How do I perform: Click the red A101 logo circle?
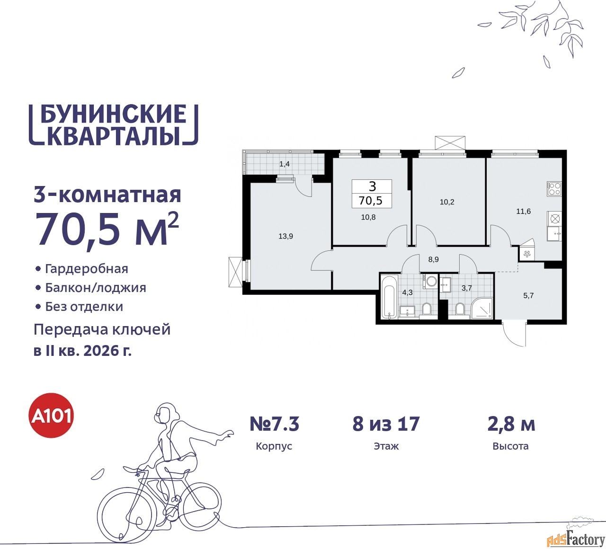(x=51, y=416)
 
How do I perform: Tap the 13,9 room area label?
(x=285, y=236)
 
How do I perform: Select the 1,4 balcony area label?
(x=284, y=164)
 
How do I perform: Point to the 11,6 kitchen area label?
(x=523, y=212)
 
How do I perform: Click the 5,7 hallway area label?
(x=528, y=296)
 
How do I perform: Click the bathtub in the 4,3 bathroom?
(x=389, y=297)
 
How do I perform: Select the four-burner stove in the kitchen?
(x=554, y=188)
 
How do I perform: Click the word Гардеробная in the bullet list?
(x=87, y=268)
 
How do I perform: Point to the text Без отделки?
(x=84, y=307)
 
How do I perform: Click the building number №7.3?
(x=274, y=424)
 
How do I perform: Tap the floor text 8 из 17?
(x=386, y=424)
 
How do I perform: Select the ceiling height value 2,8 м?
(x=511, y=424)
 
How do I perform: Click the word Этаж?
(x=386, y=446)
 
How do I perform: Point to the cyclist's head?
(x=166, y=413)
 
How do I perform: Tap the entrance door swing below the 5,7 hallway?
(x=515, y=335)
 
